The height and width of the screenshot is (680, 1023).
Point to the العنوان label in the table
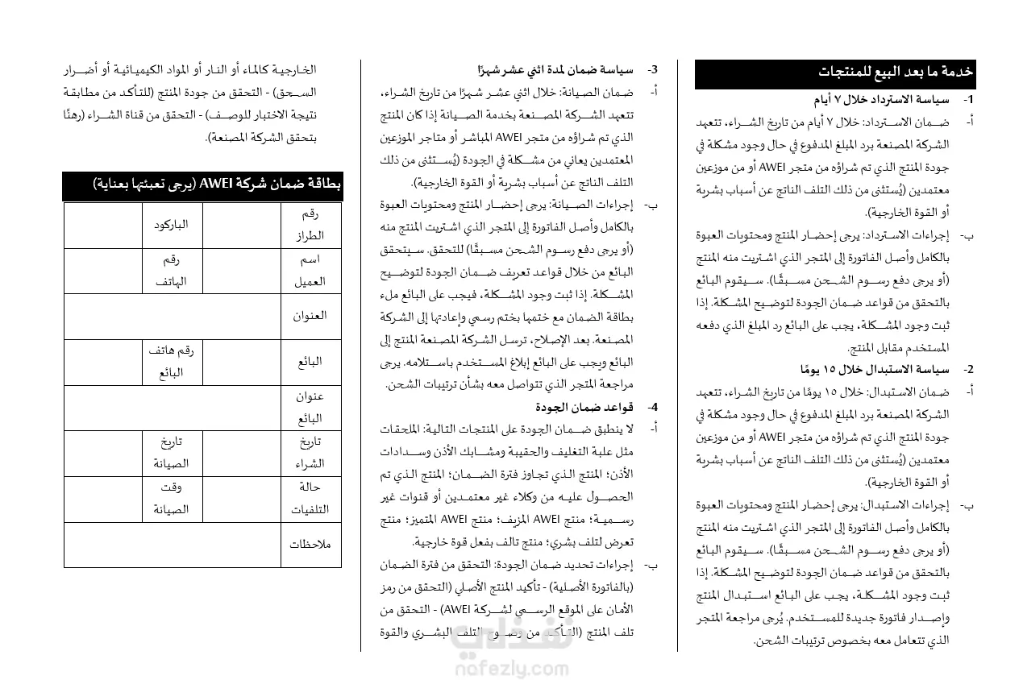pyautogui.click(x=310, y=316)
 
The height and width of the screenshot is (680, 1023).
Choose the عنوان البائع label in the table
pyautogui.click(x=310, y=408)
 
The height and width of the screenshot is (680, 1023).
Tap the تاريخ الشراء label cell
pyautogui.click(x=310, y=453)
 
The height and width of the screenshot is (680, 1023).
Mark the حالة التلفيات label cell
pyautogui.click(x=310, y=499)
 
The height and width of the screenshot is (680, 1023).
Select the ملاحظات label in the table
pyautogui.click(x=310, y=544)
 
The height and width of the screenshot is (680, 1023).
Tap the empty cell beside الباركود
pyautogui.click(x=103, y=225)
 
